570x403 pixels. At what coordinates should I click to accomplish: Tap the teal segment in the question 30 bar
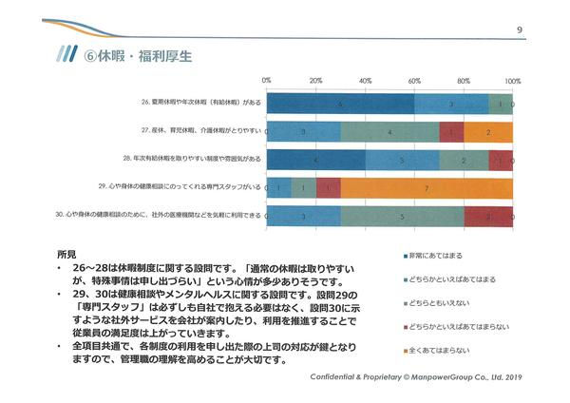click(402, 216)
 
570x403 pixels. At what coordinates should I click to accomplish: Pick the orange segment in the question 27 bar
click(488, 132)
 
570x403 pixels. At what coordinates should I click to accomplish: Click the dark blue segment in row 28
click(315, 160)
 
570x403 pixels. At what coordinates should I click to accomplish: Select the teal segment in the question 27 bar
click(389, 132)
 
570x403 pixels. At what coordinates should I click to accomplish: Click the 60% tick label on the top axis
click(414, 80)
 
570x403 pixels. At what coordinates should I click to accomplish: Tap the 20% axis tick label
click(315, 80)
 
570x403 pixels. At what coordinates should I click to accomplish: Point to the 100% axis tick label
click(513, 80)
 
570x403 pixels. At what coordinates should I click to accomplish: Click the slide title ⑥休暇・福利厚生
click(139, 56)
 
